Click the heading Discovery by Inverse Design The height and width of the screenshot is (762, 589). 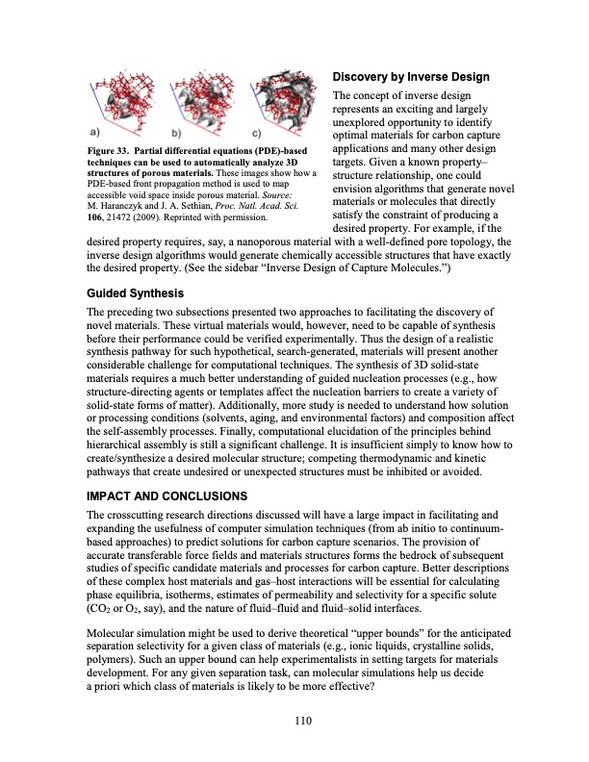pos(411,77)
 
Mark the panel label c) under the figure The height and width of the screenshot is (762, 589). pos(254,133)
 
